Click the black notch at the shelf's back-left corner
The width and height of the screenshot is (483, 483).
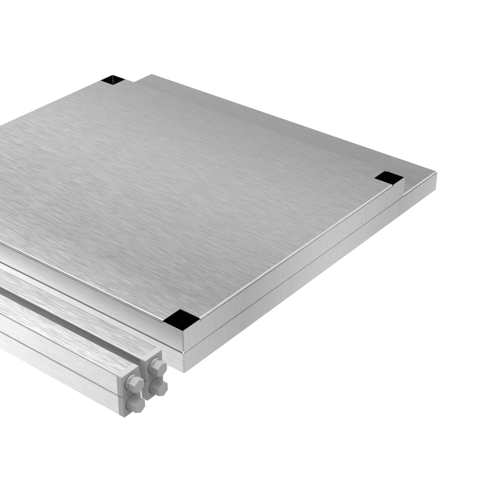pos(112,80)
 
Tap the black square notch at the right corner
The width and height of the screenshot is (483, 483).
pos(389,178)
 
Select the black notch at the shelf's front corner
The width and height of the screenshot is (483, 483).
pos(181,320)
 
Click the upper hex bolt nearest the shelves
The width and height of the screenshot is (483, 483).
pos(157,367)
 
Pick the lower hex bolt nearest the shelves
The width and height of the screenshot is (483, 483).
pos(158,387)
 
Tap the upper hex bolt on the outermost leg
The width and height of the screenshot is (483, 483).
pos(134,383)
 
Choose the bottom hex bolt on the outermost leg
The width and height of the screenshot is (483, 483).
pos(135,404)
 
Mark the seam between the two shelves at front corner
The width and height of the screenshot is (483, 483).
pos(183,352)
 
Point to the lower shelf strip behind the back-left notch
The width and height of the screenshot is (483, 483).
pos(143,80)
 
